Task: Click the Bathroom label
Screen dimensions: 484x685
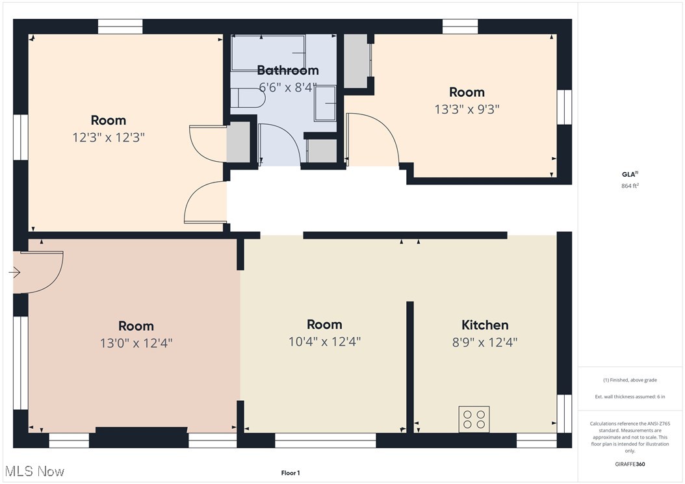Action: pyautogui.click(x=288, y=70)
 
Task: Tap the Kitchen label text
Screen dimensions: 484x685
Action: pyautogui.click(x=485, y=325)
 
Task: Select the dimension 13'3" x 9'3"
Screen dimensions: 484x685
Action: pyautogui.click(x=467, y=109)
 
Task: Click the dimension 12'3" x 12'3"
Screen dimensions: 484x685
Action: pyautogui.click(x=109, y=138)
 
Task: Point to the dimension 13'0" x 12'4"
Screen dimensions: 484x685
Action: pyautogui.click(x=136, y=343)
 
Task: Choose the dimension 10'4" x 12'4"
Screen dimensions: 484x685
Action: pyautogui.click(x=324, y=342)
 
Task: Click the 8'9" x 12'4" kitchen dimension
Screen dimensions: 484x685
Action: pyautogui.click(x=485, y=342)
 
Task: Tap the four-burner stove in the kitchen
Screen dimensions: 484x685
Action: pyautogui.click(x=474, y=419)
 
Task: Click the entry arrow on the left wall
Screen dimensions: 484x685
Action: pyautogui.click(x=14, y=273)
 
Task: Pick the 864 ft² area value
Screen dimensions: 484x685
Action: pyautogui.click(x=630, y=186)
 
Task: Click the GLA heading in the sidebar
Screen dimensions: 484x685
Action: pyautogui.click(x=629, y=173)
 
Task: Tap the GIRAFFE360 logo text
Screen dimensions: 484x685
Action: pyautogui.click(x=630, y=464)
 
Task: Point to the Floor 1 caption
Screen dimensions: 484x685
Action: pyautogui.click(x=290, y=473)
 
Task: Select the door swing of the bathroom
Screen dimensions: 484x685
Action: pyautogui.click(x=278, y=144)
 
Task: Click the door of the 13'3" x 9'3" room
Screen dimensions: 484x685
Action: pyautogui.click(x=372, y=140)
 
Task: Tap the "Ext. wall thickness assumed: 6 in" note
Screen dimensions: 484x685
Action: pyautogui.click(x=630, y=396)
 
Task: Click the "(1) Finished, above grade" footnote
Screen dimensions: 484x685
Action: pyautogui.click(x=630, y=380)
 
